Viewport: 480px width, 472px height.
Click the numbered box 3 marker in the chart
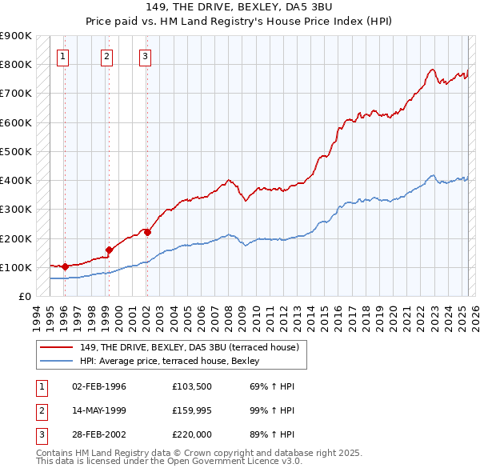tap(145, 56)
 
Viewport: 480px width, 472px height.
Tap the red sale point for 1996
tap(65, 266)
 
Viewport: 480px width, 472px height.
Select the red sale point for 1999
tap(109, 250)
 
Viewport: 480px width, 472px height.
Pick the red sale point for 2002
tap(147, 233)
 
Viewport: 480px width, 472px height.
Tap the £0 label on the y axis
tap(25, 296)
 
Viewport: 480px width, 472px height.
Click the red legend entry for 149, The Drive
tap(189, 347)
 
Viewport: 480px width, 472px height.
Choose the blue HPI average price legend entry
tap(169, 361)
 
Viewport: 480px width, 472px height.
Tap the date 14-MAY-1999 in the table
tap(99, 411)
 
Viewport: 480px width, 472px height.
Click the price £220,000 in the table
tap(191, 436)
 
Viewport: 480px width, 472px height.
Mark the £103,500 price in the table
tap(191, 386)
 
